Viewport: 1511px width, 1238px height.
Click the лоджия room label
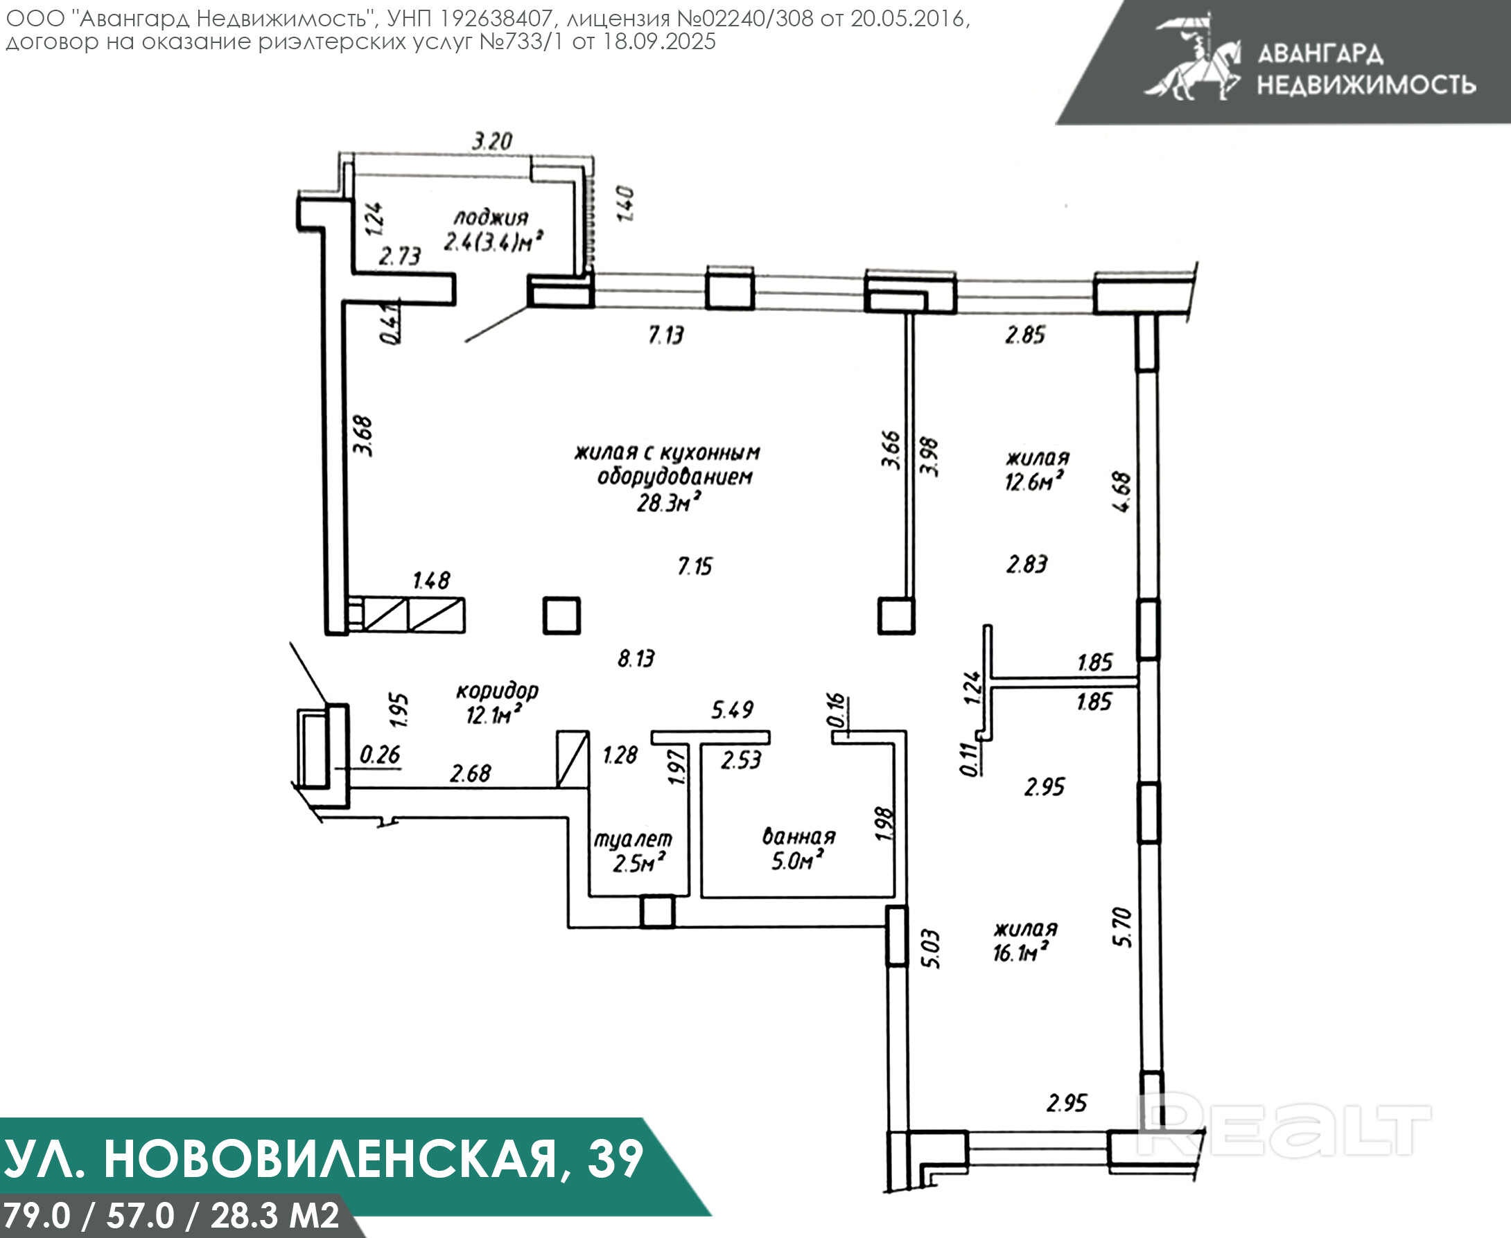click(x=491, y=218)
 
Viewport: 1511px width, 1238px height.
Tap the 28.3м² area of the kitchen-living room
click(x=667, y=502)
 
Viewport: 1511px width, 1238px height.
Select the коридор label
click(x=497, y=690)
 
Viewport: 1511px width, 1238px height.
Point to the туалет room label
click(x=633, y=840)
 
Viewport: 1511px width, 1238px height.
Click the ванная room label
click(x=798, y=835)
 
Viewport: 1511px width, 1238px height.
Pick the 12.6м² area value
click(x=1033, y=482)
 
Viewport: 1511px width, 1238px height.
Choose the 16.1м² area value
click(x=1020, y=953)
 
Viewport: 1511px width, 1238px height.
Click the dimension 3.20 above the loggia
click(x=492, y=141)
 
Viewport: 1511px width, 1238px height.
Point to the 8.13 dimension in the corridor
click(x=636, y=657)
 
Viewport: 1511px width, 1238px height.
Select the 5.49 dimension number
click(x=732, y=709)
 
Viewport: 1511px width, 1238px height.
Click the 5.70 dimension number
click(x=1122, y=927)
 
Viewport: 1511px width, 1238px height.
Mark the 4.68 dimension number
click(x=1121, y=492)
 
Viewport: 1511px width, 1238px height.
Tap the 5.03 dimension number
click(x=931, y=948)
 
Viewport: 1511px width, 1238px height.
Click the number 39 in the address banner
click(x=615, y=1160)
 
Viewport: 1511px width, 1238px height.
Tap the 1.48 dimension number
click(x=432, y=581)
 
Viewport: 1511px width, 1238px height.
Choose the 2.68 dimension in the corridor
click(x=470, y=773)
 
